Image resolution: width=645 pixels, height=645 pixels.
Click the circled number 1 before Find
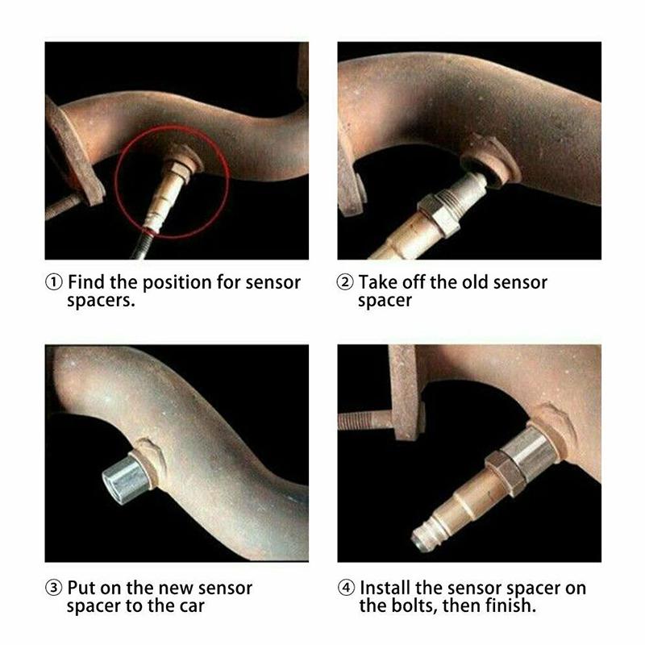[53, 283]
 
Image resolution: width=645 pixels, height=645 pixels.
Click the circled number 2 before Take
[345, 283]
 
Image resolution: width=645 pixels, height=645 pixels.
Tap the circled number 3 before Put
[53, 588]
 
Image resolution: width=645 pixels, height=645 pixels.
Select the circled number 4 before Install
[345, 588]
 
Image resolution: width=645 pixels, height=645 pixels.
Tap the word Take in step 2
[379, 283]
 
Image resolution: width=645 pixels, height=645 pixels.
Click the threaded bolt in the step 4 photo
[367, 420]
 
